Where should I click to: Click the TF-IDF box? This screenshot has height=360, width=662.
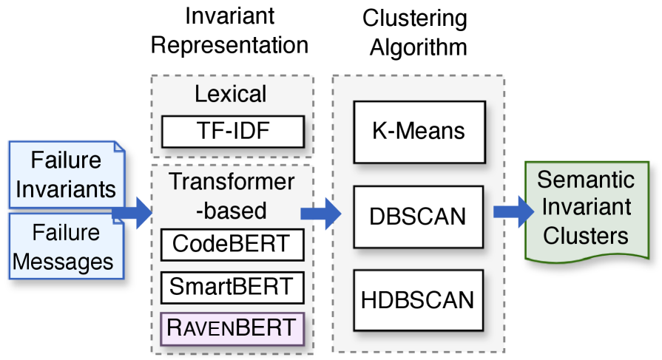pyautogui.click(x=233, y=132)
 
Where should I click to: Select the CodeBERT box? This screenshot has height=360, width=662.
pyautogui.click(x=233, y=244)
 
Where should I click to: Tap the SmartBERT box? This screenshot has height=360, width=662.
pyautogui.click(x=233, y=285)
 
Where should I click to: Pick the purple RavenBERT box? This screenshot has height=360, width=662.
pyautogui.click(x=233, y=327)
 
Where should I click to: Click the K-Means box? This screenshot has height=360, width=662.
pyautogui.click(x=419, y=132)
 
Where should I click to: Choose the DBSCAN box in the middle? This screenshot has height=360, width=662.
pyautogui.click(x=419, y=217)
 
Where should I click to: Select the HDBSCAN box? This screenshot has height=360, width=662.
pyautogui.click(x=419, y=300)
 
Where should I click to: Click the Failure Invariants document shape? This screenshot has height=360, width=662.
pyautogui.click(x=66, y=174)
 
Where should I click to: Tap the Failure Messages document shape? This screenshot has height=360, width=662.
pyautogui.click(x=66, y=247)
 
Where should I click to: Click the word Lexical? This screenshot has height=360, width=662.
pyautogui.click(x=231, y=95)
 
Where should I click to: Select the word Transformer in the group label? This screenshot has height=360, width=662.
pyautogui.click(x=232, y=182)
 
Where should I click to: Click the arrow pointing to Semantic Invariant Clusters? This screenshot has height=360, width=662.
pyautogui.click(x=513, y=213)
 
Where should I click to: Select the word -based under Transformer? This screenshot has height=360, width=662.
pyautogui.click(x=232, y=210)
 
